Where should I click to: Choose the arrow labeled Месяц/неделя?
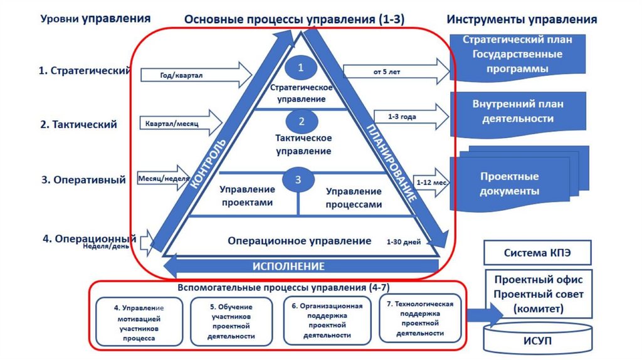162,179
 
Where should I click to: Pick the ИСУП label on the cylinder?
538,341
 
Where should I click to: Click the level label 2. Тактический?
79,124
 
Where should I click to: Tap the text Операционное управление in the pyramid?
300,241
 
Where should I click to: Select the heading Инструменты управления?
522,19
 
